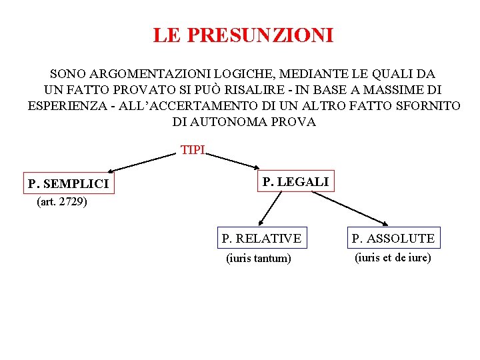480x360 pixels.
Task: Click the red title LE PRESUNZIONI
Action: tap(243, 35)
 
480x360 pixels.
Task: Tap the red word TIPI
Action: tap(193, 150)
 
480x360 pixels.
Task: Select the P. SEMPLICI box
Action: tap(69, 183)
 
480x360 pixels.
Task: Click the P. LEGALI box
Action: tap(295, 181)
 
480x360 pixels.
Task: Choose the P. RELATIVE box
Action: tap(261, 238)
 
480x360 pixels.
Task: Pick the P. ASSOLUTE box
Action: tap(393, 238)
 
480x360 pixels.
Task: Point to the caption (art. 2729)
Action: tap(62, 201)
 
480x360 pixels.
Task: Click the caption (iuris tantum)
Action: tap(259, 258)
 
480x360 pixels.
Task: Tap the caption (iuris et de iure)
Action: tap(393, 257)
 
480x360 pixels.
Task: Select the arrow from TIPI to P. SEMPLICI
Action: tap(141, 164)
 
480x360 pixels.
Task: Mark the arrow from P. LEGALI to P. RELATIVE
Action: tap(270, 210)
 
